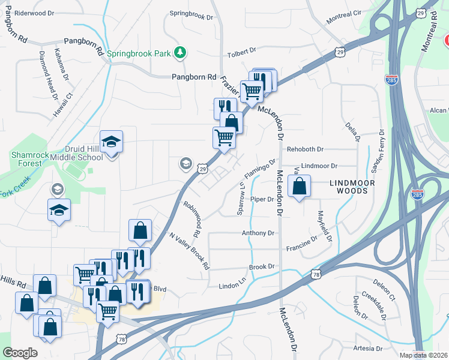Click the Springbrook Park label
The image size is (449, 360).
140,53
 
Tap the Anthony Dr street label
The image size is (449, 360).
258,233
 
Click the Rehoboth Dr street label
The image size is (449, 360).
305,149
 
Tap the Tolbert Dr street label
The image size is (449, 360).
242,55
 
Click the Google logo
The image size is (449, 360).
20,353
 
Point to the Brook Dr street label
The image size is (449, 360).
262,266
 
